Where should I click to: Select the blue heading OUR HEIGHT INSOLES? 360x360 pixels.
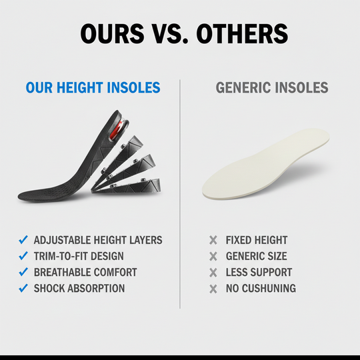[x=93, y=87]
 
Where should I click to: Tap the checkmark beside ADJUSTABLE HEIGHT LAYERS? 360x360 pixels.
[x=23, y=240]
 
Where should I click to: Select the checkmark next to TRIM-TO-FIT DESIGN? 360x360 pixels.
[x=23, y=256]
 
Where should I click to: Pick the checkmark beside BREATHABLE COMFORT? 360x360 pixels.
[x=23, y=272]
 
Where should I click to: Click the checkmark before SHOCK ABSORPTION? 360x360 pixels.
[x=23, y=289]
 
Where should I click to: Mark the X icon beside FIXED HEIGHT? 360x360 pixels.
[x=213, y=240]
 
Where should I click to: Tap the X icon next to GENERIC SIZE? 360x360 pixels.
[x=213, y=256]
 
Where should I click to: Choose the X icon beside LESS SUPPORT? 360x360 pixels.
[x=213, y=272]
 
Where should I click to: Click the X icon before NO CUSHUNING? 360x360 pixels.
[x=213, y=289]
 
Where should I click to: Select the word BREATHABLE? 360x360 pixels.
[x=63, y=272]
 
